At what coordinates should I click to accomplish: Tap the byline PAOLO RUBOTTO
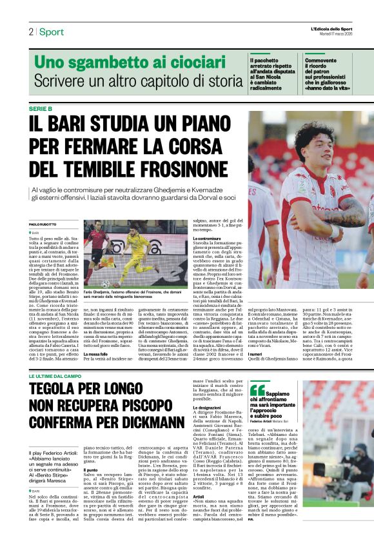tap(44, 224)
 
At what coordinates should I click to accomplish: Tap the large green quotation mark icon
tap(257, 372)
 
